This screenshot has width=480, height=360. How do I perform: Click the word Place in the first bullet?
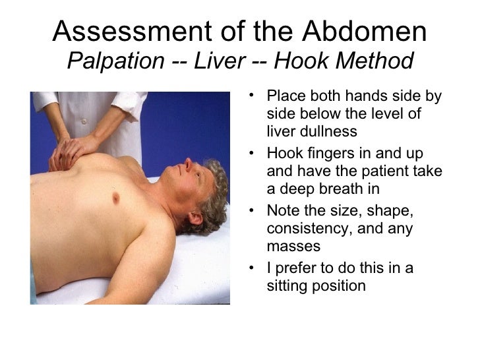(285, 97)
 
